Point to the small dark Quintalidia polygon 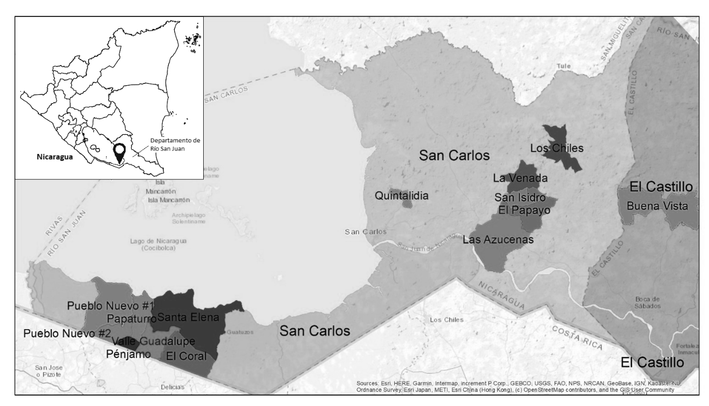407,204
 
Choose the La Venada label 520,178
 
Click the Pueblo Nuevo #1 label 111,305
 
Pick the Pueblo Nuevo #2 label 67,333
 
